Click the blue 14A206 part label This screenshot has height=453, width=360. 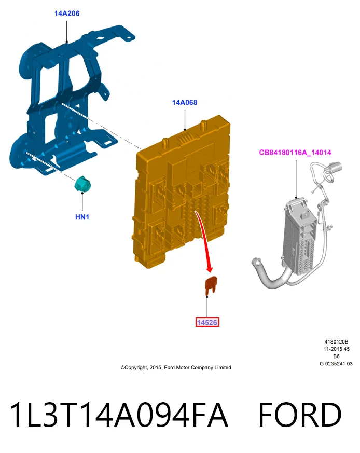67,13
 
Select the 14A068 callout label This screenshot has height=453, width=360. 185,102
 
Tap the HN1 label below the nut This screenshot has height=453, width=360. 82,217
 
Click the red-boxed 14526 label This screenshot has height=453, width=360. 207,322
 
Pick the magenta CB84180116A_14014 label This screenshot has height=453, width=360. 295,152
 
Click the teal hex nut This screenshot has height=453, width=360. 82,184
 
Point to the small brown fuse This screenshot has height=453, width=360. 211,284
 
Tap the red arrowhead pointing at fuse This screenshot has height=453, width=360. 210,269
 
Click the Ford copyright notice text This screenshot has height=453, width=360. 176,367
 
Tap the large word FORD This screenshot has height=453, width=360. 300,415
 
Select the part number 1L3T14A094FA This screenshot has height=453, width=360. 119,415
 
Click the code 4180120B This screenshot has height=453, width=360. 336,342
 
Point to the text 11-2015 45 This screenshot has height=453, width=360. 336,349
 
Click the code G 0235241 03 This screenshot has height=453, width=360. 336,364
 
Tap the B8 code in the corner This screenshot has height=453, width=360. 336,356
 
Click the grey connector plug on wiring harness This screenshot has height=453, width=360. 334,169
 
